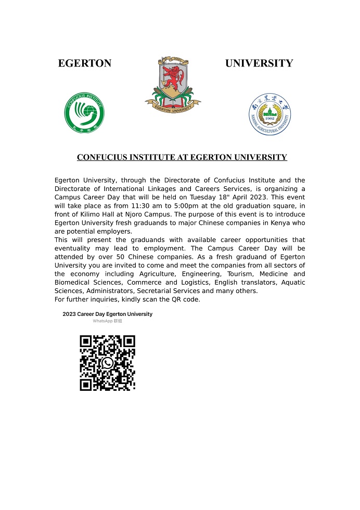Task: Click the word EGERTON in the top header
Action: (x=84, y=63)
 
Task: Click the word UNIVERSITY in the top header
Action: (x=259, y=63)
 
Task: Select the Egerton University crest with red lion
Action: (x=173, y=83)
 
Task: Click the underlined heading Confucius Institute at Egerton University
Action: (x=182, y=157)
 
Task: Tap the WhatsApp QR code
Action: (x=107, y=363)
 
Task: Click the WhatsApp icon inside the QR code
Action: (x=108, y=362)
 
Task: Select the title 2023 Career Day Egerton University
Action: (x=107, y=314)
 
